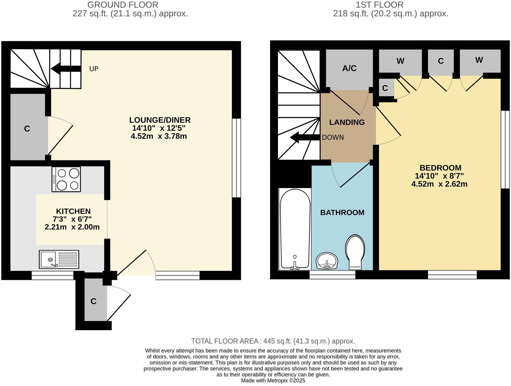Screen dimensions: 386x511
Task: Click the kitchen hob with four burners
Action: pyautogui.click(x=66, y=179)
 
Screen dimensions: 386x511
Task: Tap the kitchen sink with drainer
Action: pyautogui.click(x=59, y=260)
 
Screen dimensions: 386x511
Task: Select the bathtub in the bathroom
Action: pyautogui.click(x=295, y=229)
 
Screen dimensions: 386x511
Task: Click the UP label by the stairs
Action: pyautogui.click(x=94, y=69)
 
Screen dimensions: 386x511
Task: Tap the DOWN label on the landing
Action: pyautogui.click(x=333, y=138)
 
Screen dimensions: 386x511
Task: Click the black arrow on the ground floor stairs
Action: pyautogui.click(x=65, y=69)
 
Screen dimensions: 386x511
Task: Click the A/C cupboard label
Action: pyautogui.click(x=349, y=68)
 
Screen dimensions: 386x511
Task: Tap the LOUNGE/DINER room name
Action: pyautogui.click(x=160, y=120)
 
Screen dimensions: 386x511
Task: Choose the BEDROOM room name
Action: pyautogui.click(x=440, y=168)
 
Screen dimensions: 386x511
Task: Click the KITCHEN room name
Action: pyautogui.click(x=73, y=211)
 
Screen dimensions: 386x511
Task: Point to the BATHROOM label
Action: pyautogui.click(x=342, y=213)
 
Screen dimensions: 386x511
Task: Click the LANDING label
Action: pyautogui.click(x=347, y=123)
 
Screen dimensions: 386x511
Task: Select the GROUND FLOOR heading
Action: pyautogui.click(x=123, y=5)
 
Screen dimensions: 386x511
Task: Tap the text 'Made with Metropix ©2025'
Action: pyautogui.click(x=273, y=380)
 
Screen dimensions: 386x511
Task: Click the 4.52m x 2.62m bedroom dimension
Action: pyautogui.click(x=439, y=184)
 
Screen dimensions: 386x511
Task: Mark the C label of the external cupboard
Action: pyautogui.click(x=94, y=301)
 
